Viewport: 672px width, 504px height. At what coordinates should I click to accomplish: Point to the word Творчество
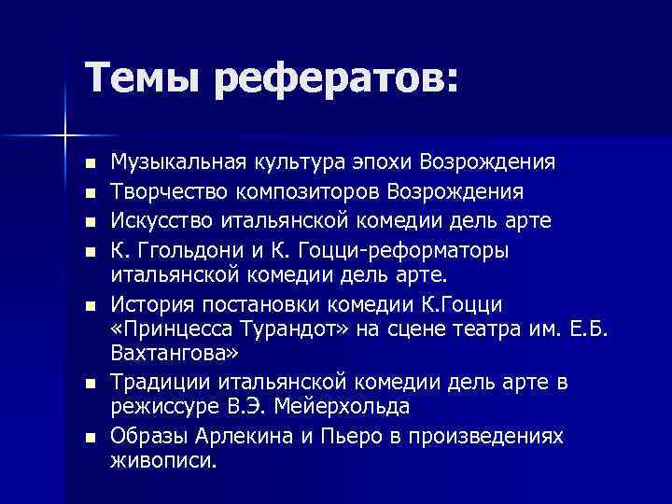(x=164, y=191)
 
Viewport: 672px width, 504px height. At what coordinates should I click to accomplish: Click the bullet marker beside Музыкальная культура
(x=89, y=164)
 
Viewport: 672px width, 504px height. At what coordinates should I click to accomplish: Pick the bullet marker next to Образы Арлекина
(x=89, y=437)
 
